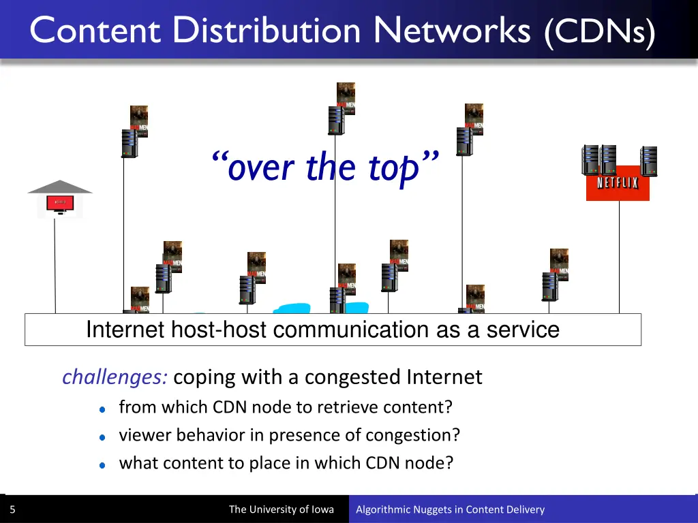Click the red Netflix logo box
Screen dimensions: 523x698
618,183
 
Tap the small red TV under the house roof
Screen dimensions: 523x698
60,203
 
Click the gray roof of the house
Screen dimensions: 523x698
60,187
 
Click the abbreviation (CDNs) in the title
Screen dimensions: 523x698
600,31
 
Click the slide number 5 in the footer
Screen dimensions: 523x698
12,509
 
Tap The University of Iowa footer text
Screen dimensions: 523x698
281,509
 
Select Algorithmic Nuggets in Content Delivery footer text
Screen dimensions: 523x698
450,509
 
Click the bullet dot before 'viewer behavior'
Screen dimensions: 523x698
102,437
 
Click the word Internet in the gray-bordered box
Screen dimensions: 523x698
125,330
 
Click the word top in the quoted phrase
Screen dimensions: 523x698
393,168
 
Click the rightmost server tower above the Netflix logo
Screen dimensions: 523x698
649,161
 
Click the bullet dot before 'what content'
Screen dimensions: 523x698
102,464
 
